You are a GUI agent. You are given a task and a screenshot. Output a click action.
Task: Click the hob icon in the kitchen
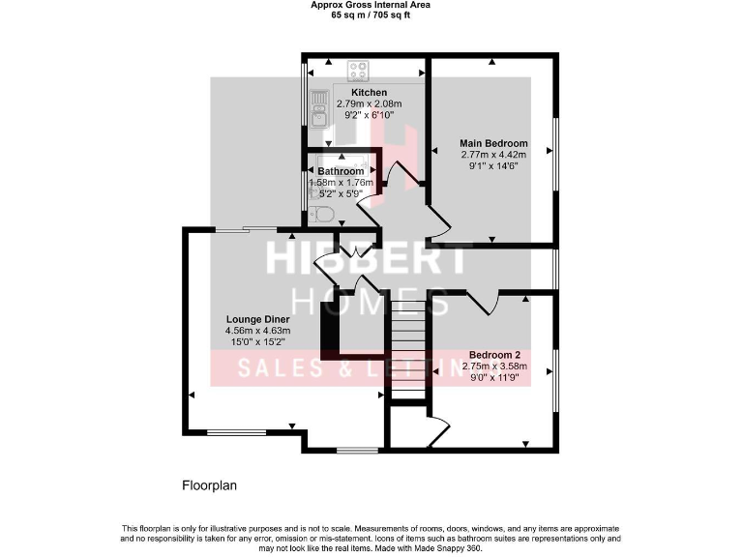click(x=359, y=71)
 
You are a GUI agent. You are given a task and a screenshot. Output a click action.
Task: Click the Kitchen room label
click(x=369, y=92)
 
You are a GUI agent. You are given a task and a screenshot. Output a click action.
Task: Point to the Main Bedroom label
click(x=493, y=143)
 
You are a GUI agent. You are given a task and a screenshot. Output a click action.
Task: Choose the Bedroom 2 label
click(x=495, y=354)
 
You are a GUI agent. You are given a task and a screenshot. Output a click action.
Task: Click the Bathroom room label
click(x=341, y=171)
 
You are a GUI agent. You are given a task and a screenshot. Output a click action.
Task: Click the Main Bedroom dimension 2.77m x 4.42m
click(x=493, y=155)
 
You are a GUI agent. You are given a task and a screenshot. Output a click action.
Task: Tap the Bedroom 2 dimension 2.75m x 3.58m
click(x=495, y=366)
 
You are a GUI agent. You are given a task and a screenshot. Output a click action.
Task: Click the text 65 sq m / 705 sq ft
click(x=371, y=15)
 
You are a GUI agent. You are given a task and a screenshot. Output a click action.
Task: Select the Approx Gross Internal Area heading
click(x=371, y=5)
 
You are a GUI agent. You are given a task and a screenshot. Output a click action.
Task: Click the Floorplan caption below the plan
click(x=210, y=485)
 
